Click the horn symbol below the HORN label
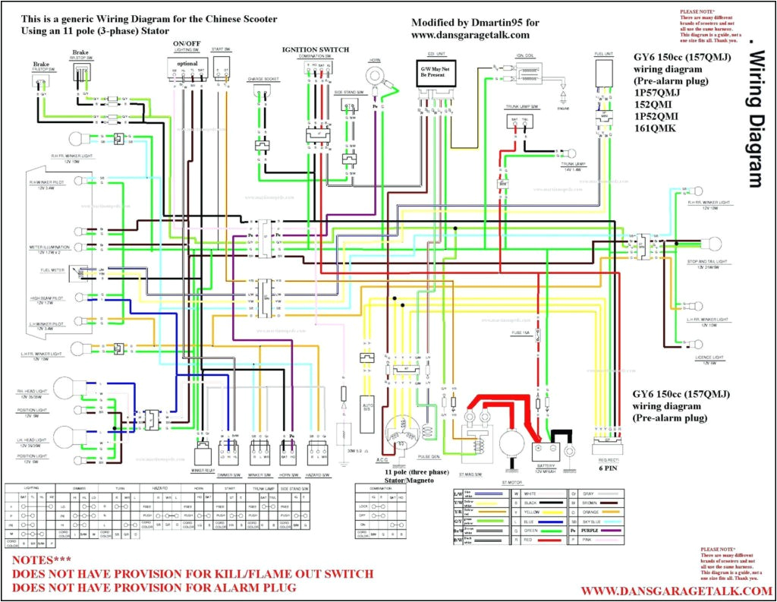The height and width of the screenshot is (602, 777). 375,76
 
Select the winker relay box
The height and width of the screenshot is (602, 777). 203,455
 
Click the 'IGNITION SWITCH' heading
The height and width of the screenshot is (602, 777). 316,49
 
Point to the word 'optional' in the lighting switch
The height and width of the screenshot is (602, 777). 187,64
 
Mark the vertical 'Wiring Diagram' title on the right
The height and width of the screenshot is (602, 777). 753,118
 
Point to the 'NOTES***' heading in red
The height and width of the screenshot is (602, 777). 41,559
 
